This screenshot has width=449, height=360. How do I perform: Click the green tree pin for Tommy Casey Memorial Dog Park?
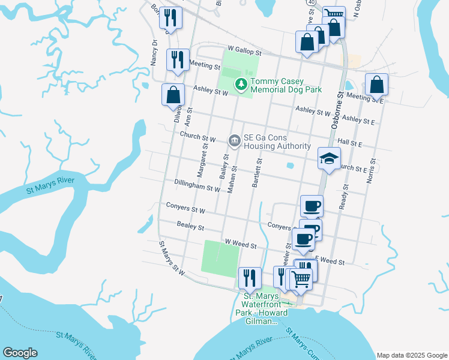(241, 85)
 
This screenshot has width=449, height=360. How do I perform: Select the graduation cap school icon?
(328, 159)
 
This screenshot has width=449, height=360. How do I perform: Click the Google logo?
(20, 353)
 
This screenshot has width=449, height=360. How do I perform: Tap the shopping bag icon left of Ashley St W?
(173, 95)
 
